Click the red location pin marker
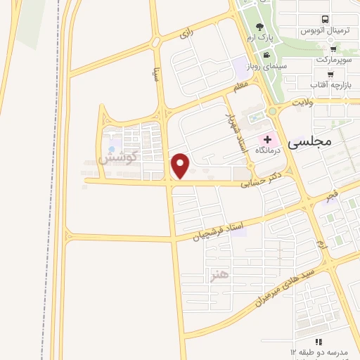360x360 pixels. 181,165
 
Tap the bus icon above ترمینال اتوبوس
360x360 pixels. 325,20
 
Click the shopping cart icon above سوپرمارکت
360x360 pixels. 333,49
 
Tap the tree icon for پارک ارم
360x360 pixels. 261,26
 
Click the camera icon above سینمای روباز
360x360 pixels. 266,55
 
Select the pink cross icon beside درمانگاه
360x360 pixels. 267,139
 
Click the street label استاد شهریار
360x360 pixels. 227,129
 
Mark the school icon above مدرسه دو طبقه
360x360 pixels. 319,341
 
